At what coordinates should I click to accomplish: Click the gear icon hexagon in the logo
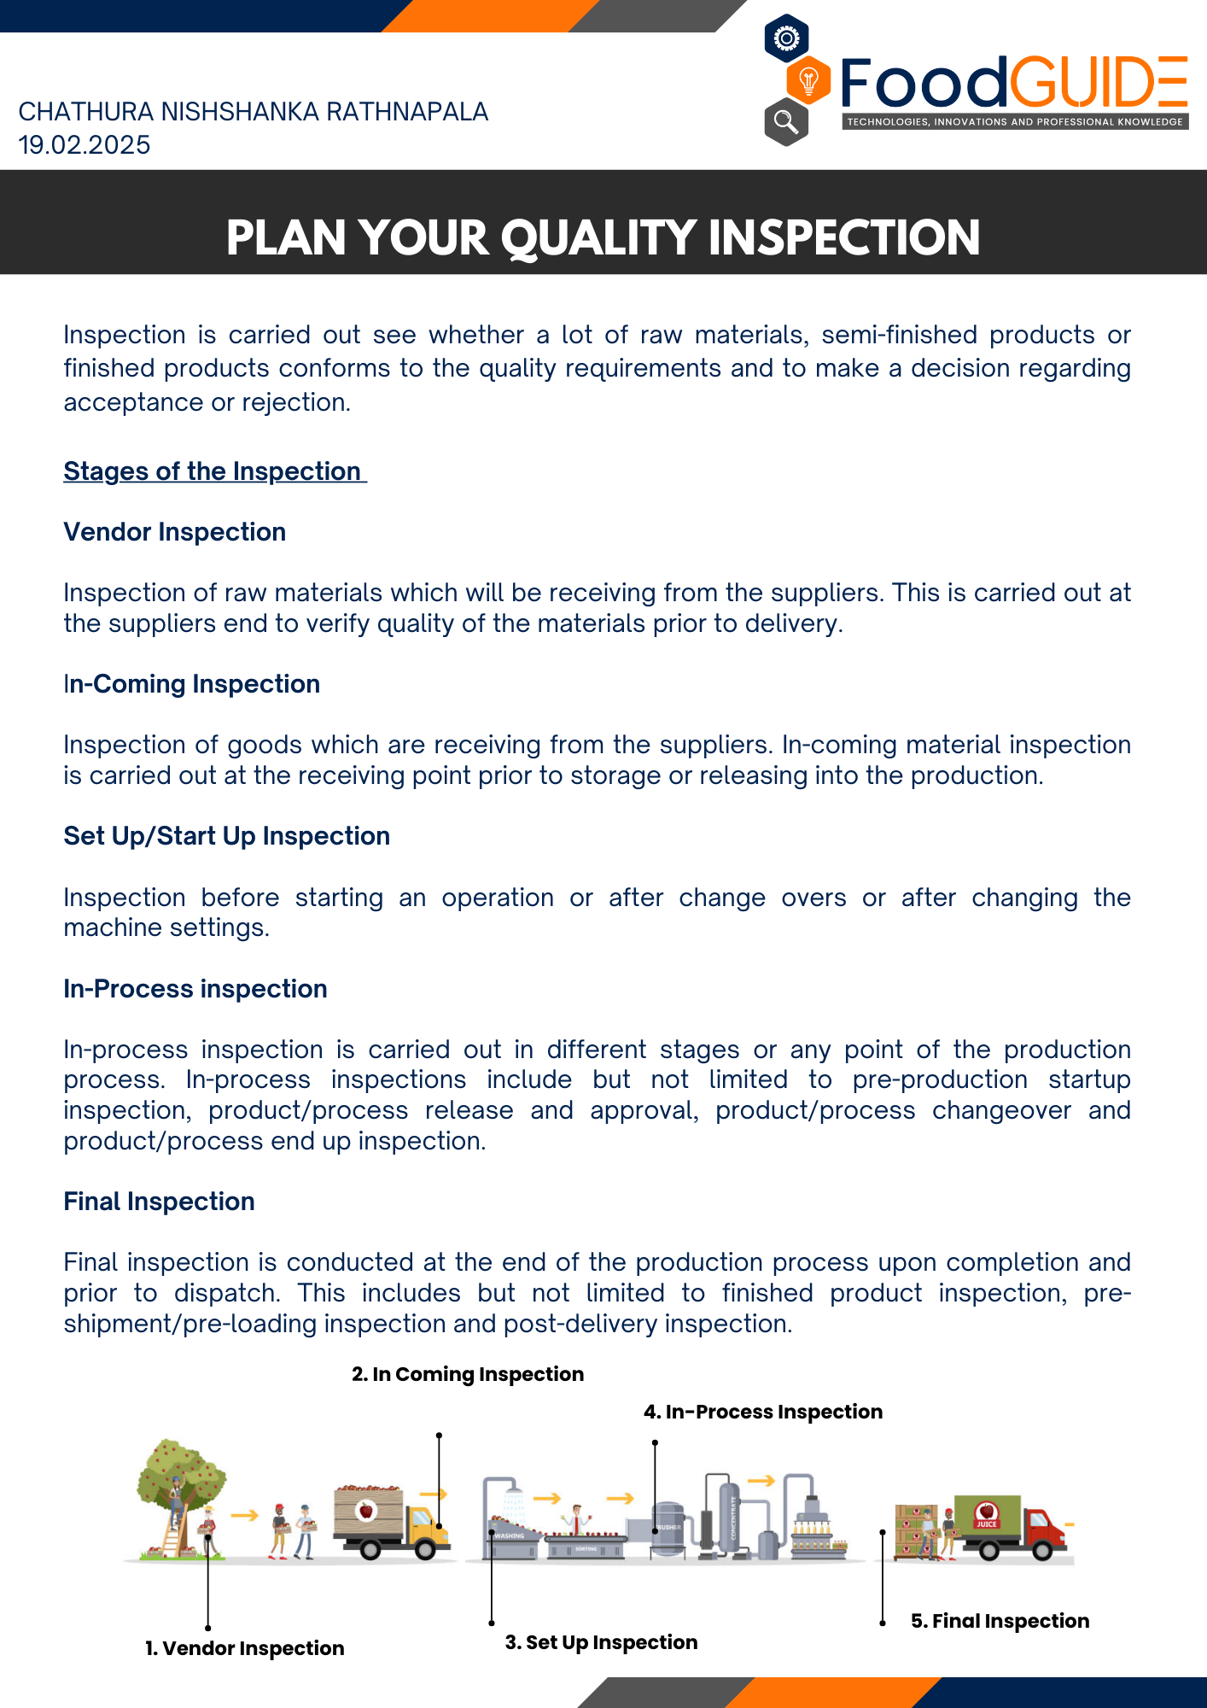click(786, 38)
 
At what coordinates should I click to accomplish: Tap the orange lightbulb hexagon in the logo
click(808, 81)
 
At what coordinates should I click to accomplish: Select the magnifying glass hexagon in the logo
click(786, 122)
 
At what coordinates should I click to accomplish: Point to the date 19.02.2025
click(85, 145)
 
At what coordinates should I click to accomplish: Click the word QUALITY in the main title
click(598, 237)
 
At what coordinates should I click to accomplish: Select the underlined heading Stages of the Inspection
click(213, 471)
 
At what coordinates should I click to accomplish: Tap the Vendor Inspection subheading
click(174, 532)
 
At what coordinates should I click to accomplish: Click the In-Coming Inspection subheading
click(191, 684)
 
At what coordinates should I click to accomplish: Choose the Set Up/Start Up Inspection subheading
click(226, 836)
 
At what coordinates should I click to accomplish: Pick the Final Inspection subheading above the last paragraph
click(159, 1202)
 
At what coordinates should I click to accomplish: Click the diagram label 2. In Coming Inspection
click(468, 1374)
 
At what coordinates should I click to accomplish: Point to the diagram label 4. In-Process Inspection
click(763, 1412)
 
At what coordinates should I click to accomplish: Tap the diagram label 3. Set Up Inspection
click(601, 1642)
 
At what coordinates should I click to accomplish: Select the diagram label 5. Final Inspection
click(1000, 1621)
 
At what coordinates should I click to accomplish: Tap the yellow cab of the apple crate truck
click(426, 1529)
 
